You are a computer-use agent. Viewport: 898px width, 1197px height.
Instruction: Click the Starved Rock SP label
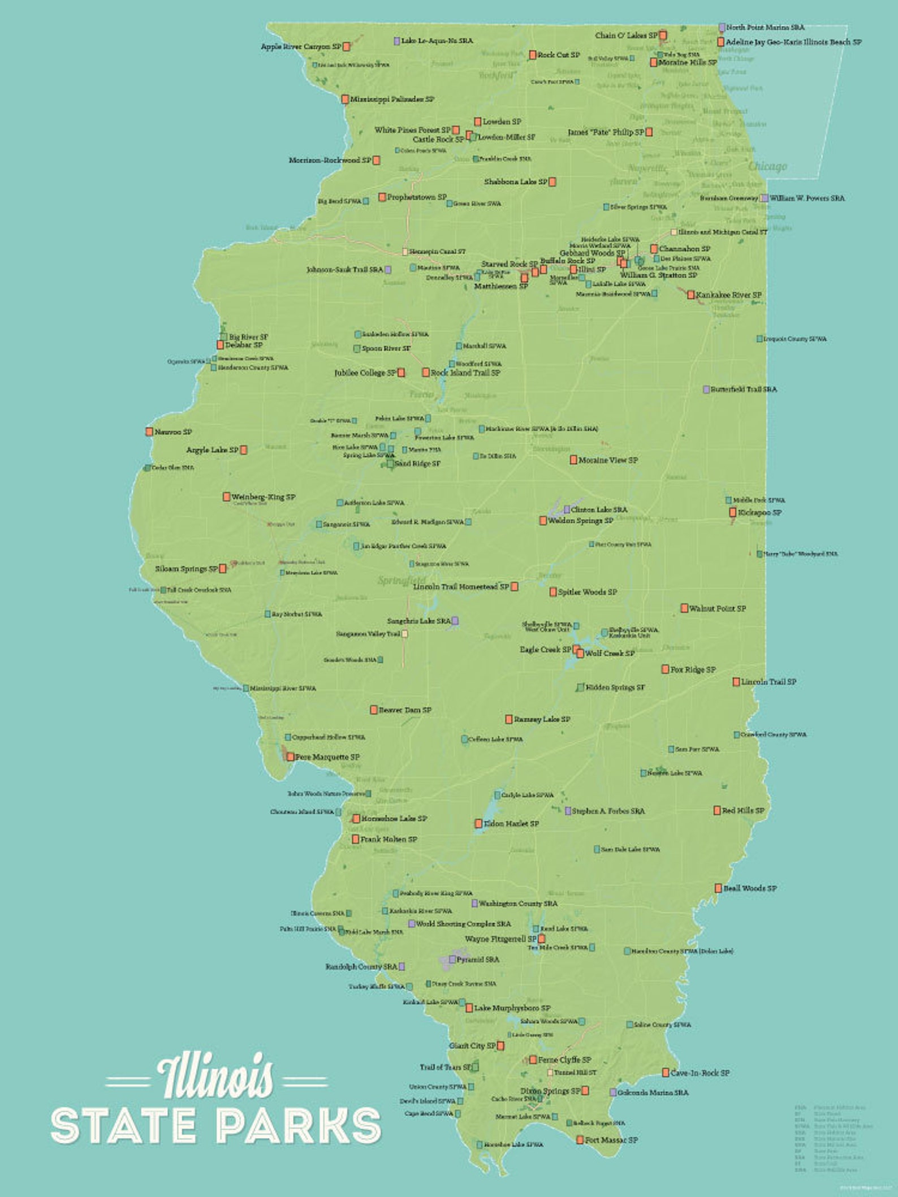(x=509, y=264)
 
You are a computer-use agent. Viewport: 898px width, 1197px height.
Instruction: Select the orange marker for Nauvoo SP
(x=149, y=432)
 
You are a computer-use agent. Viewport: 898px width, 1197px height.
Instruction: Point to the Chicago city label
(x=767, y=166)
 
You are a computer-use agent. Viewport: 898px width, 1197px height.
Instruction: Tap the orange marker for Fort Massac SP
(x=580, y=1140)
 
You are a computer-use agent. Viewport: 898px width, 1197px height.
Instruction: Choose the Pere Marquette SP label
(x=327, y=757)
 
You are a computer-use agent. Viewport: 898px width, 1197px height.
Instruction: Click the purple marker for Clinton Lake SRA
(x=567, y=509)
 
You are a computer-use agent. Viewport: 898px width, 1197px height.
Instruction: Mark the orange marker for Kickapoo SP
(x=733, y=513)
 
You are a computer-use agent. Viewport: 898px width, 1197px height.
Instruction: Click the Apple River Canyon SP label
(x=301, y=46)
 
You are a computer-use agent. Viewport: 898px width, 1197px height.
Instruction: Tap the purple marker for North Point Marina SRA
(x=722, y=27)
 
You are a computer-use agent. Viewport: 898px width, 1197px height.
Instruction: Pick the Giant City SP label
(x=472, y=1046)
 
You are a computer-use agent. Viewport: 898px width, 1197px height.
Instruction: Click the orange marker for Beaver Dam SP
(x=374, y=710)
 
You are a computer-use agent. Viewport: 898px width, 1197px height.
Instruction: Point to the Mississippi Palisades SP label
(x=392, y=100)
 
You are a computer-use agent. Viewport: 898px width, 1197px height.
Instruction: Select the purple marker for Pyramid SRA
(x=452, y=960)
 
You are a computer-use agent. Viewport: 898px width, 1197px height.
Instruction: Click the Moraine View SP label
(x=608, y=460)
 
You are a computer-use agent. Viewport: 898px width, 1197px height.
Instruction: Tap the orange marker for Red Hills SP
(x=717, y=810)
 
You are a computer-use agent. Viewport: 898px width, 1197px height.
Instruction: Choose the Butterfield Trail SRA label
(x=744, y=390)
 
